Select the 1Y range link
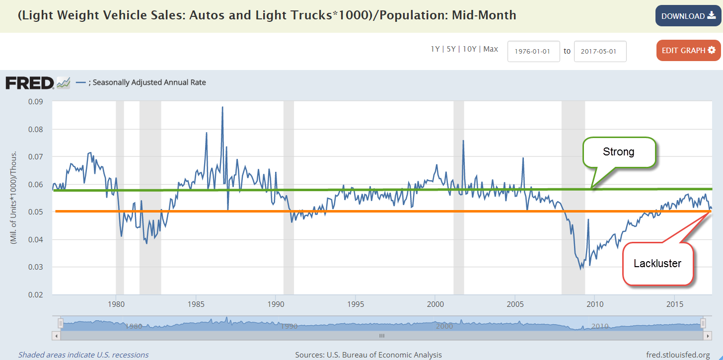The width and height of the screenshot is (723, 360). pos(435,49)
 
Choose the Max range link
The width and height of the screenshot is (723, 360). pos(491,49)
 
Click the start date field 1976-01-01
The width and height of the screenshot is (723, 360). pos(534,51)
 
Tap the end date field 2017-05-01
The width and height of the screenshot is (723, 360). pos(600,51)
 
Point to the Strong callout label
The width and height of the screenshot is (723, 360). pos(618,152)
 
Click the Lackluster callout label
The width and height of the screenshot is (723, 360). pos(657,264)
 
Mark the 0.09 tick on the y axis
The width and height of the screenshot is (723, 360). pos(36,102)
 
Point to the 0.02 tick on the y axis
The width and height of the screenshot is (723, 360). pos(36,294)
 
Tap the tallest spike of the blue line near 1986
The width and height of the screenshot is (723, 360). pos(222,107)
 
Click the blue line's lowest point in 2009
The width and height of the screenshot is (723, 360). pos(581,269)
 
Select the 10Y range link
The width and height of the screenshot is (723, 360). pos(470,49)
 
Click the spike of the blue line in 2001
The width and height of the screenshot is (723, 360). pos(463,141)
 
